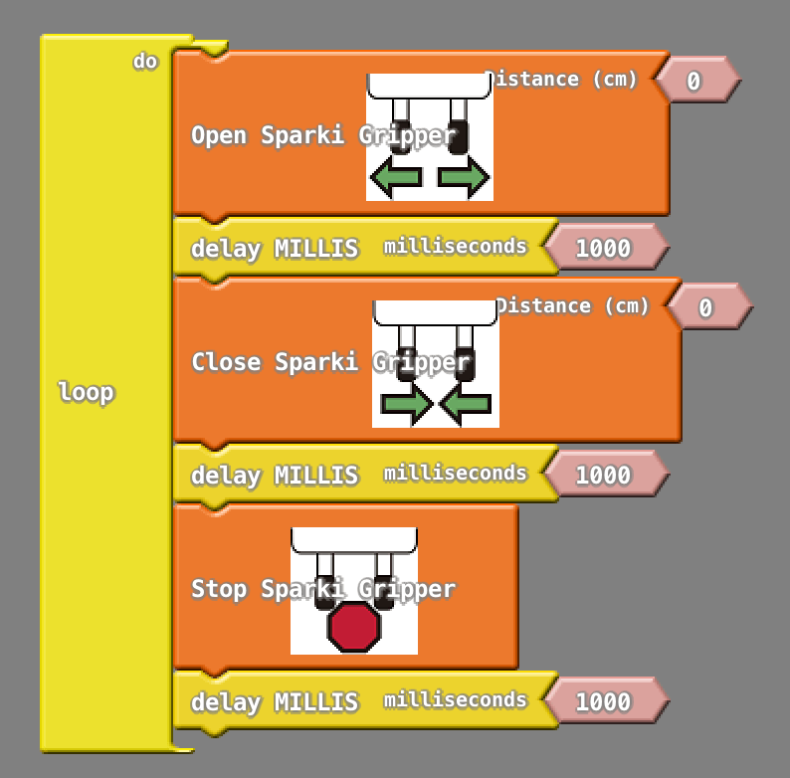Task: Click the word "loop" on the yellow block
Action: click(87, 392)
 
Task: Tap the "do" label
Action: click(145, 62)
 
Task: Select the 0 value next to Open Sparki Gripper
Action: click(693, 81)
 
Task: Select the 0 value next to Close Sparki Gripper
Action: click(705, 307)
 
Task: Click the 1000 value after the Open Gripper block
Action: click(603, 248)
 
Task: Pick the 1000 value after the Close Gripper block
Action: click(603, 475)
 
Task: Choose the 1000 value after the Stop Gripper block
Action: click(603, 701)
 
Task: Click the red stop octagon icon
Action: click(354, 627)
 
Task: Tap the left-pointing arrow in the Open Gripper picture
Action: click(396, 178)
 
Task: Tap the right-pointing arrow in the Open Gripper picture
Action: click(463, 178)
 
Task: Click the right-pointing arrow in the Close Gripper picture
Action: click(406, 405)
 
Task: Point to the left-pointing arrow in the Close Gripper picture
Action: click(466, 405)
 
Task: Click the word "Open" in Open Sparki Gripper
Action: click(219, 135)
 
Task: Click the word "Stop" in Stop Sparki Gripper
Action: click(219, 589)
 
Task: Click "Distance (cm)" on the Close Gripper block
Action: click(574, 305)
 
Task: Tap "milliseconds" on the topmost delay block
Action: click(456, 246)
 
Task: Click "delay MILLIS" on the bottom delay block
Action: click(274, 701)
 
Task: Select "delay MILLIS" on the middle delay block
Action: click(274, 475)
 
